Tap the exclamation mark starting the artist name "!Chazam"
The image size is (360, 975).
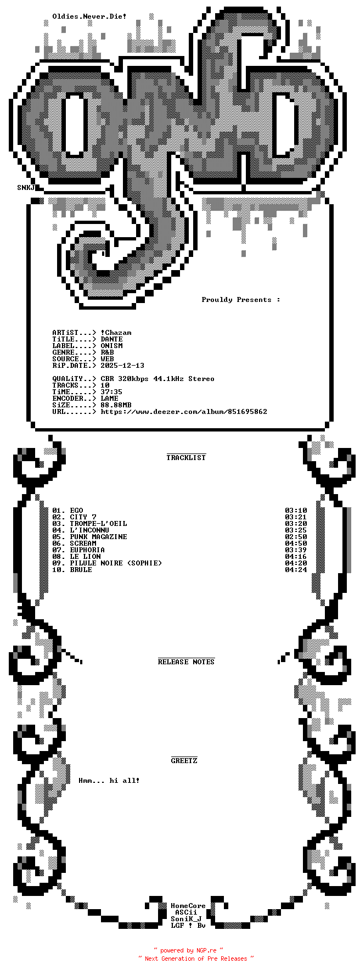[x=103, y=333]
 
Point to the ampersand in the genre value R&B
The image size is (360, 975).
[x=107, y=352]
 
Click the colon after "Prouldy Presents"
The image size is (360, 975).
[x=278, y=300]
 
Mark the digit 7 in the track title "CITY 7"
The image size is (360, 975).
[x=94, y=517]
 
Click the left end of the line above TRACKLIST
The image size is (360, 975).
[x=167, y=454]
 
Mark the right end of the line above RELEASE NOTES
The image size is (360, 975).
[x=215, y=658]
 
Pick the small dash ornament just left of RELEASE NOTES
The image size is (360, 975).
[x=71, y=655]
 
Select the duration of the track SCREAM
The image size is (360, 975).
[x=296, y=543]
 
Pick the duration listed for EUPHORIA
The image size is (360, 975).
[x=296, y=550]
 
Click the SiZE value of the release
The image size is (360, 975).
[x=116, y=405]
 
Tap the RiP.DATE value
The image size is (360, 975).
[x=122, y=366]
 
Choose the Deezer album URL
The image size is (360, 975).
[x=184, y=412]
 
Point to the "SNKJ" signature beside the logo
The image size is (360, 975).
[x=26, y=188]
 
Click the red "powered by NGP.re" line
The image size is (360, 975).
[x=188, y=950]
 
